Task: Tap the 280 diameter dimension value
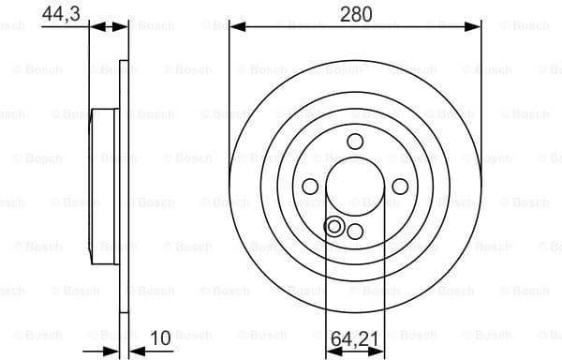[x=356, y=13]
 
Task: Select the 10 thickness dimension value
[x=162, y=336]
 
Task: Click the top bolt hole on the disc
[x=355, y=142]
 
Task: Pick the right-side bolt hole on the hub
[x=400, y=187]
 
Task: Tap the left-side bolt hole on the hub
[x=310, y=187]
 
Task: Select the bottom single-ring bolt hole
[x=355, y=231]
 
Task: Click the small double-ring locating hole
[x=333, y=226]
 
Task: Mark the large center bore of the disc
[x=355, y=187]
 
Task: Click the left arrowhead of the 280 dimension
[x=234, y=29]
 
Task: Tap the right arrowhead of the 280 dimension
[x=476, y=29]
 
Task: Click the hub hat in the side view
[x=103, y=187]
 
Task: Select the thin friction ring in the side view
[x=124, y=187]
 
